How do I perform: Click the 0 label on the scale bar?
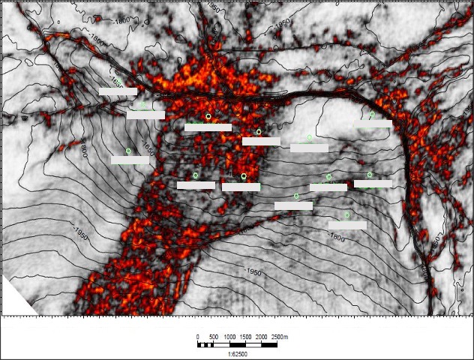click(198, 337)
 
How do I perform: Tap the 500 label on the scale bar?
click(214, 337)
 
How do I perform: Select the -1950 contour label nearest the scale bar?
click(252, 272)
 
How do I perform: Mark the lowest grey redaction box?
click(347, 225)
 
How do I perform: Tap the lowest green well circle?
click(347, 215)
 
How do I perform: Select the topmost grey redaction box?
click(118, 91)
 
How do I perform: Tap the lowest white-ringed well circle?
click(244, 176)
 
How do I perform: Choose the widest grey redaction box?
click(208, 127)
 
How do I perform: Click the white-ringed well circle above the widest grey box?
click(208, 117)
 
